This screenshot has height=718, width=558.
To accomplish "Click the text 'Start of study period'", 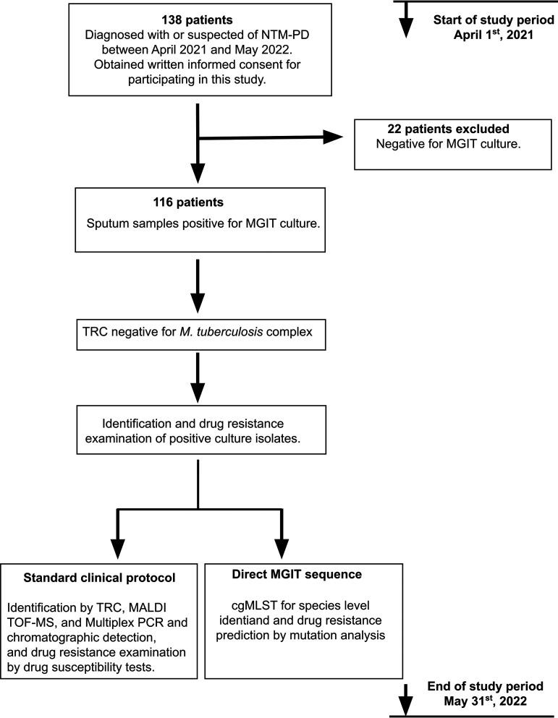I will tap(494, 18).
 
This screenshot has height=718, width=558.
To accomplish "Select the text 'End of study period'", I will tap(494, 686).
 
